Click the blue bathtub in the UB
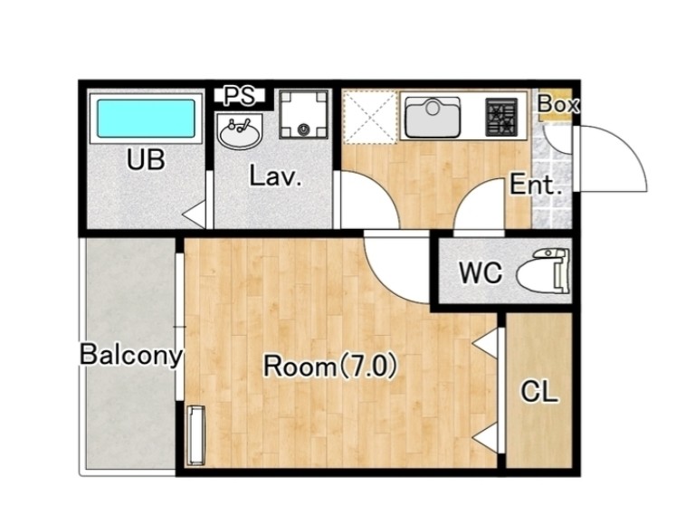tap(146, 119)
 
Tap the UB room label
tap(146, 160)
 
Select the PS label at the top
tap(239, 96)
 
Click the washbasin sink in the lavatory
tap(240, 130)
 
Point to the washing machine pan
tap(304, 114)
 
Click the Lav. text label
tap(276, 176)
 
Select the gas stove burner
tap(501, 117)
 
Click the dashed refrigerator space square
tap(369, 117)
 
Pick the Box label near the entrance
tap(558, 104)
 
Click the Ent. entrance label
tap(536, 185)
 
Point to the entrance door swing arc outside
tap(625, 144)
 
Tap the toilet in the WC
tap(543, 272)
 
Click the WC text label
tap(481, 272)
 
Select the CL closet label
tap(538, 392)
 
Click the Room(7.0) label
tap(330, 367)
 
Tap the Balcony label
tap(131, 356)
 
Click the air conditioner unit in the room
tap(196, 435)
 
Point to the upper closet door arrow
tap(485, 343)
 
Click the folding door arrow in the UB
tap(195, 215)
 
